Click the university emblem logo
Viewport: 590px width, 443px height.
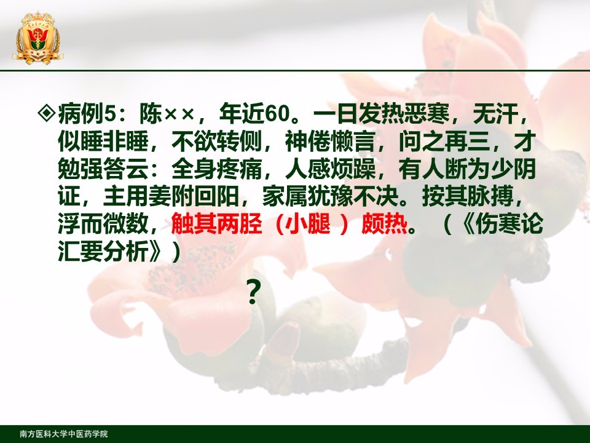(37, 38)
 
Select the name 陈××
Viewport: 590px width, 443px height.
(167, 113)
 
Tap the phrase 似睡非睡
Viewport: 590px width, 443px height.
(103, 142)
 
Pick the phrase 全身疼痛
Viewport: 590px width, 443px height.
(217, 169)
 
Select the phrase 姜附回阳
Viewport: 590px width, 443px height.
(194, 197)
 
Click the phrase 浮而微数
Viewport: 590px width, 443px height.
(103, 224)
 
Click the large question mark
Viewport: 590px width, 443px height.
(254, 292)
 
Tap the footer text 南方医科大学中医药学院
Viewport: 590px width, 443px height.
(63, 434)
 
